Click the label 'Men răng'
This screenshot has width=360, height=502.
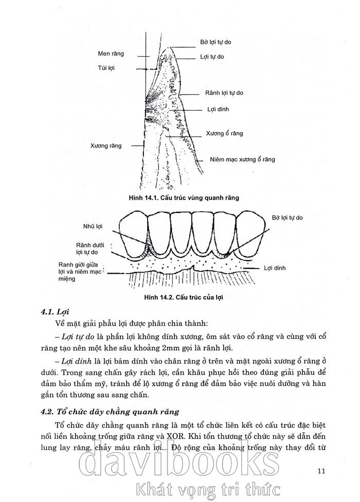pos(111,53)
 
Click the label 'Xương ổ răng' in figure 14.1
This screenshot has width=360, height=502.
pos(224,133)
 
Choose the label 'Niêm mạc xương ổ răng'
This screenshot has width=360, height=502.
pos(242,159)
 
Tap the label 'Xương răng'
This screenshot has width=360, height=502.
pos(105,146)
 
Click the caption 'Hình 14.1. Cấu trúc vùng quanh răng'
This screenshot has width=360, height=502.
pos(185,197)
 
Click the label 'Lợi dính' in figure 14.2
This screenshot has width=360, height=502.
pos(275,268)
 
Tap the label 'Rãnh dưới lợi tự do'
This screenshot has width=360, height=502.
pos(91,249)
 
